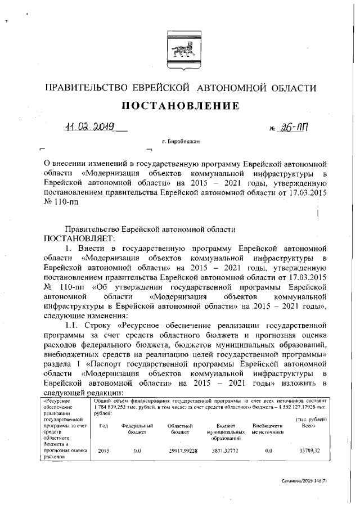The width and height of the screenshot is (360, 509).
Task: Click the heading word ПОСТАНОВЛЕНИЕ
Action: (x=179, y=106)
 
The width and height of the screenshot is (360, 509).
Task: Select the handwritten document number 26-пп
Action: (x=293, y=129)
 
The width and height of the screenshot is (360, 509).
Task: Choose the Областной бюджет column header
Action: (x=181, y=429)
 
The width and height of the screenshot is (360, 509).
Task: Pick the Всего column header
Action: (x=308, y=426)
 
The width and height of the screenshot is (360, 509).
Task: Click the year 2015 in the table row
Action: (x=103, y=451)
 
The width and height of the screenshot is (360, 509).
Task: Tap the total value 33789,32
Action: (x=308, y=451)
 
